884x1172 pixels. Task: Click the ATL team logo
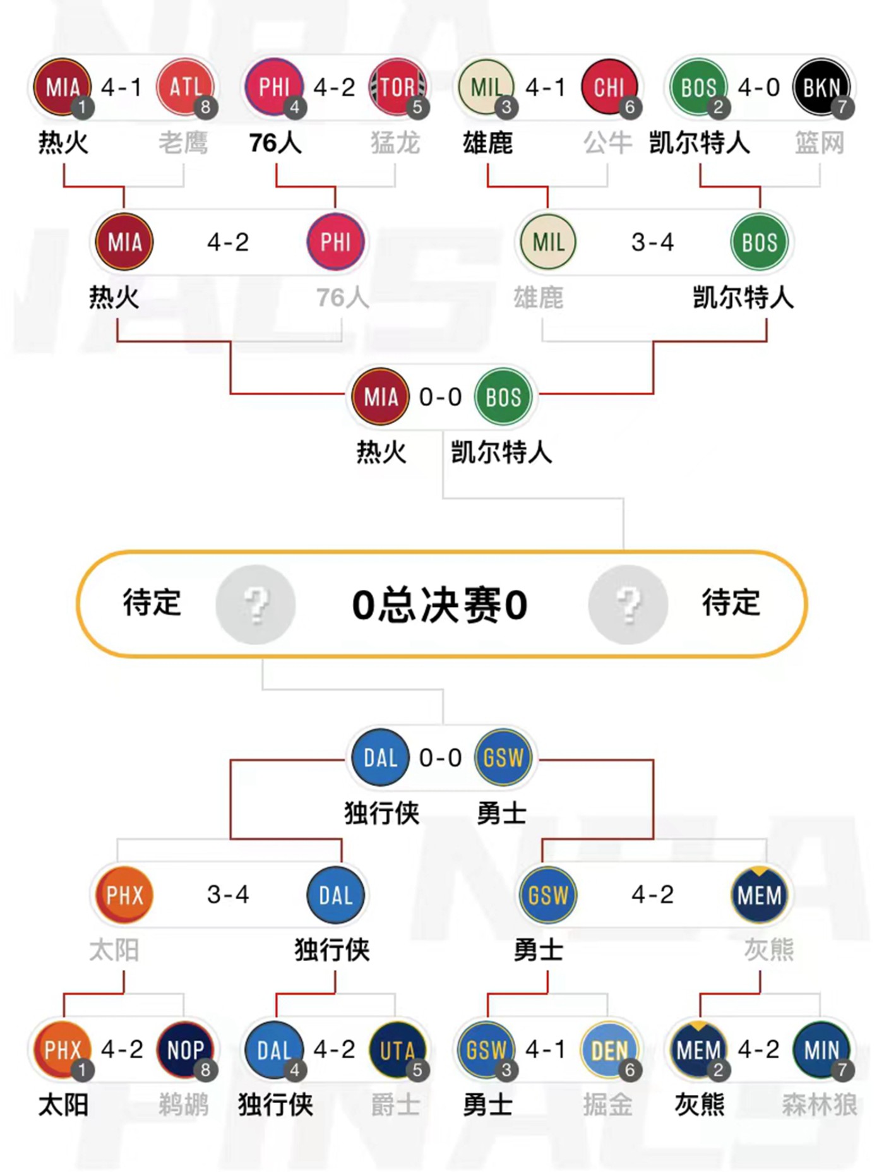185,87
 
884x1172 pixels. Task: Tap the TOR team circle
397,87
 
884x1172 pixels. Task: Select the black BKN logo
821,87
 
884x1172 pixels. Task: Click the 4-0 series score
759,87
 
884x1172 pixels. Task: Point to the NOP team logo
185,1049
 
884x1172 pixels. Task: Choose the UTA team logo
397,1049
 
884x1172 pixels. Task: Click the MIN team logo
821,1049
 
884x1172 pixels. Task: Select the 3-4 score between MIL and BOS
653,242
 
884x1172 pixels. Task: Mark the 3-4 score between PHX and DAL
228,894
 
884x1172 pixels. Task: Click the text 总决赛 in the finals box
440,605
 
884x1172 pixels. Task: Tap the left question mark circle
256,604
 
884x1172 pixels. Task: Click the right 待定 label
731,602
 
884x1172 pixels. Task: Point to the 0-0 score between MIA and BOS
441,397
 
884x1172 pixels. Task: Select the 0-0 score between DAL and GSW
441,758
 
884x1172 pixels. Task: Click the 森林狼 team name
819,1104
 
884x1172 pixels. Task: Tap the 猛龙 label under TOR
395,143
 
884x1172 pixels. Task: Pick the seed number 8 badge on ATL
205,107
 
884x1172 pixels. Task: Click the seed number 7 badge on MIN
842,1070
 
